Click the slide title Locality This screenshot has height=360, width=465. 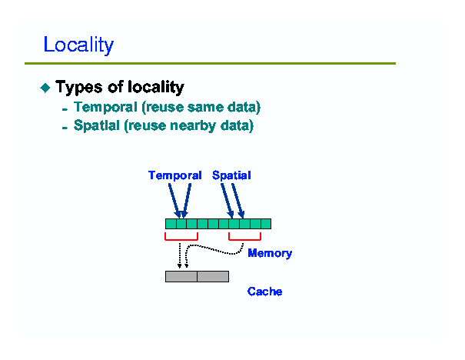click(x=78, y=45)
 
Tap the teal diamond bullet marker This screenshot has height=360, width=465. click(x=45, y=88)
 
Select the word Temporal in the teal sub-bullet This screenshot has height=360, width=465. click(x=105, y=107)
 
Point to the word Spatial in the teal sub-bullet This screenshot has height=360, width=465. click(x=97, y=125)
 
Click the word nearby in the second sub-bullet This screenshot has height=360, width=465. click(x=193, y=125)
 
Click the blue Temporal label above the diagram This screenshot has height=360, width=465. click(x=175, y=175)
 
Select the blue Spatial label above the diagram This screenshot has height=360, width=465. click(x=231, y=175)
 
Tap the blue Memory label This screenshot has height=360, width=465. click(x=270, y=253)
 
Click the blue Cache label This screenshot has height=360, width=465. click(x=264, y=292)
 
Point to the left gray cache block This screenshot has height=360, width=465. click(x=181, y=276)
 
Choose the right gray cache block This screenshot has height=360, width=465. click(x=213, y=276)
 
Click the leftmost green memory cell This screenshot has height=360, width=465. click(x=171, y=224)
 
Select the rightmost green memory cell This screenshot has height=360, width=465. click(x=266, y=224)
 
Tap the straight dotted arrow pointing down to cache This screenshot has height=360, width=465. click(x=179, y=256)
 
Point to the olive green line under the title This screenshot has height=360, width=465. click(x=211, y=64)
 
